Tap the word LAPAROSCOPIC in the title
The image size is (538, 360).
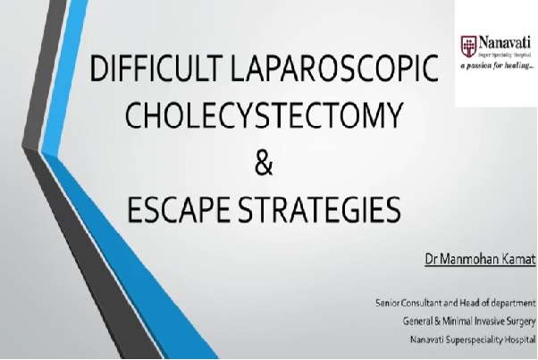click(334, 68)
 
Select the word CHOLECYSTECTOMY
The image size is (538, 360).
click(264, 115)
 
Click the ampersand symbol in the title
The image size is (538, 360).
click(264, 163)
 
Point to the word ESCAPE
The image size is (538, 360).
click(178, 210)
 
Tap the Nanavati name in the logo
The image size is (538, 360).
click(505, 43)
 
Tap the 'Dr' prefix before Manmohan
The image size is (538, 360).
click(432, 259)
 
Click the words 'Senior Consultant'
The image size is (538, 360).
click(408, 303)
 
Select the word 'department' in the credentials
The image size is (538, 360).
click(513, 304)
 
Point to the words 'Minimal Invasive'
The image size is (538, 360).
click(474, 322)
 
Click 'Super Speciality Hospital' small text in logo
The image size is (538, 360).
click(505, 54)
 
